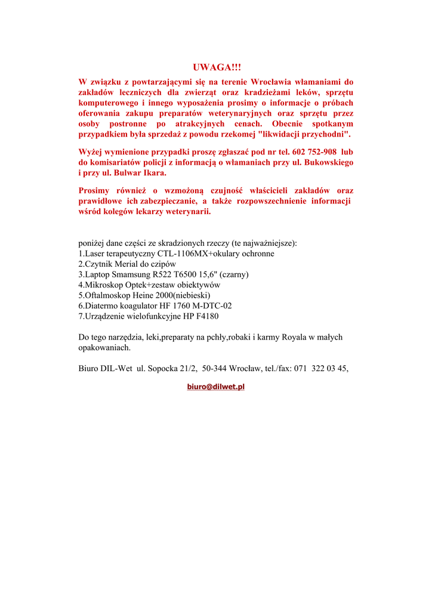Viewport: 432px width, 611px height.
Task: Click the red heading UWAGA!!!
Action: [x=217, y=68]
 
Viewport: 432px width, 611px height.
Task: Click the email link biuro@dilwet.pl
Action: [x=216, y=387]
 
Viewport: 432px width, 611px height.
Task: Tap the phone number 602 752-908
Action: [x=314, y=152]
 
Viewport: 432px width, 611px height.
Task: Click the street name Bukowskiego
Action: [x=328, y=162]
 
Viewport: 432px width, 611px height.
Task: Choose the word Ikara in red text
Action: [x=152, y=173]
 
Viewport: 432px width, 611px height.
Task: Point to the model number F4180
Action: [x=214, y=316]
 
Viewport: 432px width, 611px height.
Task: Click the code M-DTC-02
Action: [x=211, y=305]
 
